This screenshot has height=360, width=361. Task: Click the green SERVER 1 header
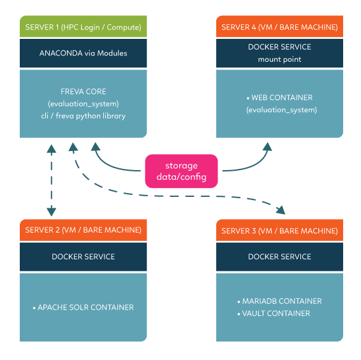coord(83,26)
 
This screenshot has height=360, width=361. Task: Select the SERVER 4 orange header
coord(279,26)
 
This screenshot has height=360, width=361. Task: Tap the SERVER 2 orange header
coord(83,230)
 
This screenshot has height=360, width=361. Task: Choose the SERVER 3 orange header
coord(279,230)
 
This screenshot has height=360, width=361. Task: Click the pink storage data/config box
coord(181,171)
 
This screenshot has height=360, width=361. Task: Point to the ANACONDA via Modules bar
coord(83,53)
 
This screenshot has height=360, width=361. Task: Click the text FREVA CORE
coord(83,92)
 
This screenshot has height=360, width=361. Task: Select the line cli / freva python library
coord(83,116)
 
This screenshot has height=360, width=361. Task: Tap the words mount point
coord(279,59)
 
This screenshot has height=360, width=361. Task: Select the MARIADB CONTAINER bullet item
coord(279,301)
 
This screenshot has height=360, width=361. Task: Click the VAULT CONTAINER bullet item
coord(274,313)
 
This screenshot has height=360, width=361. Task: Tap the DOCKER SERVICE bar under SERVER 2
coord(83,257)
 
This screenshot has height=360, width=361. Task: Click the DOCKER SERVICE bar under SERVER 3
coord(279,257)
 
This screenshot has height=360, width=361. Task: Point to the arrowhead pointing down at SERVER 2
coord(51,212)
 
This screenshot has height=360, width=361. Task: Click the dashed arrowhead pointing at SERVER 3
coord(281,210)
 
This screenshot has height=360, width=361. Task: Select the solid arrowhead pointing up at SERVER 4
coord(267,147)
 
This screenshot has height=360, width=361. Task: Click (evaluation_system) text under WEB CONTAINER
coord(281,110)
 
